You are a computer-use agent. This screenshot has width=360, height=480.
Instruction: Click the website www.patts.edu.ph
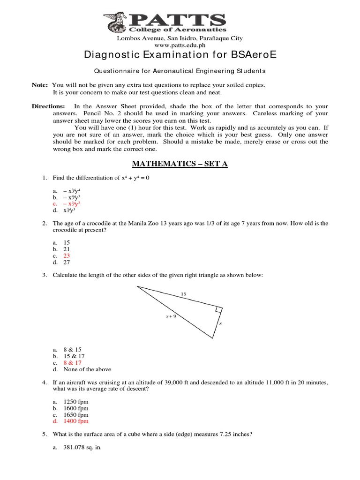click(180, 45)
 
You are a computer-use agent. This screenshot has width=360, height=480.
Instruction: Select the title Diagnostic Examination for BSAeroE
click(180, 55)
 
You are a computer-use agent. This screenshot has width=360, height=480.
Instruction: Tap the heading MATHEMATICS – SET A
click(180, 164)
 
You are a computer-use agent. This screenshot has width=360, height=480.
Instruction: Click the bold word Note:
click(39, 85)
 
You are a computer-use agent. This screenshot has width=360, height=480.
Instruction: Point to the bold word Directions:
click(49, 106)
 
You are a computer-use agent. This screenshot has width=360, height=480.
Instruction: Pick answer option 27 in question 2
click(66, 262)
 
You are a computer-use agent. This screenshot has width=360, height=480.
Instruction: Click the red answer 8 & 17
click(72, 363)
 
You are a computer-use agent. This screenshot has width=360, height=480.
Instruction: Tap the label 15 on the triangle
click(183, 294)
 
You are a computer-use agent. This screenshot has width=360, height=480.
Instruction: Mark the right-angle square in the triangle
click(219, 310)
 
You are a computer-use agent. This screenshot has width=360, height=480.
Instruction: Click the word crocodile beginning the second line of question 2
click(66, 231)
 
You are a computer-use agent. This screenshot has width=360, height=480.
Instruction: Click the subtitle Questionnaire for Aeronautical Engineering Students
click(180, 71)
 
